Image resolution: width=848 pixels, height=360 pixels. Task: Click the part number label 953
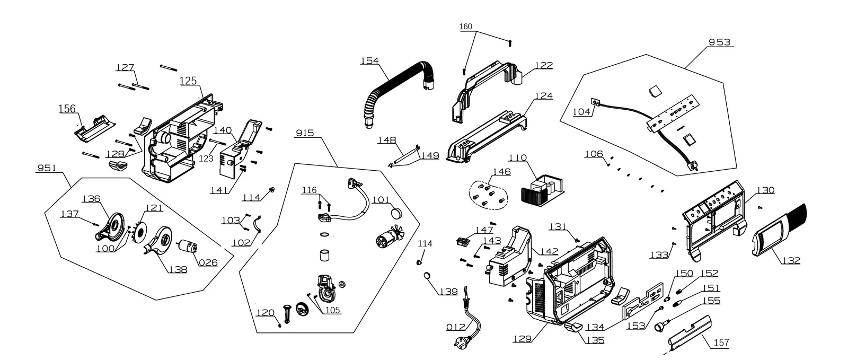719,42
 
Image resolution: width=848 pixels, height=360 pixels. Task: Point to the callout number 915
305,133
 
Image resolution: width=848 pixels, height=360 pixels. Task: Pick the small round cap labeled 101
396,213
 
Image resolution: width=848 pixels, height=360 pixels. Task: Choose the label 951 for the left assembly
47,168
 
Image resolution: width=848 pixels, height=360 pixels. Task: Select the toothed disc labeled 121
140,232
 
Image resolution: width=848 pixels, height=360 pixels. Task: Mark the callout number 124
544,96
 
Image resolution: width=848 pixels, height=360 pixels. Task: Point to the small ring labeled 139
427,275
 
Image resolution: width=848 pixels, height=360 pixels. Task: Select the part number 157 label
721,343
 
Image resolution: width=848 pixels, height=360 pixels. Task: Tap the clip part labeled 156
95,129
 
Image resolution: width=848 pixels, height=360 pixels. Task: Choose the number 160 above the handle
466,27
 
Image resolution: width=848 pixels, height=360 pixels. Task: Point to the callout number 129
522,339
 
